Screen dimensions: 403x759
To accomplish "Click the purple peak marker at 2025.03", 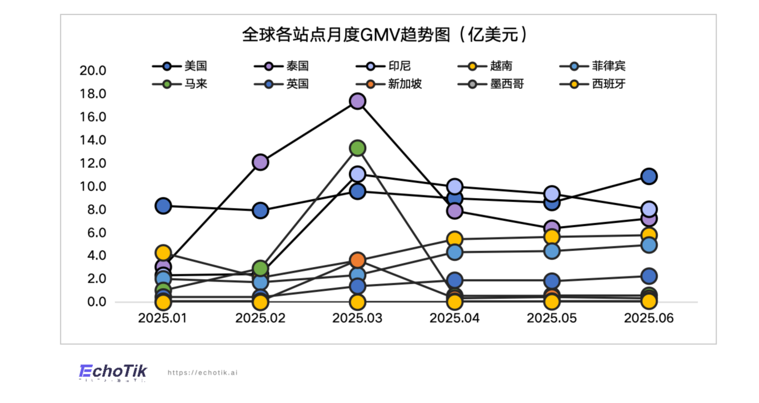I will click(x=357, y=101).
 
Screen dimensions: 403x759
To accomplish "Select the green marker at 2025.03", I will click(x=357, y=148).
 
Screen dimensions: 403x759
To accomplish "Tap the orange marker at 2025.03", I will click(x=357, y=260).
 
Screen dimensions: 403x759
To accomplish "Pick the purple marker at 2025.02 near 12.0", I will click(x=261, y=162).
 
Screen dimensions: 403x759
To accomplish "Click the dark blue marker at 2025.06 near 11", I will click(x=649, y=177).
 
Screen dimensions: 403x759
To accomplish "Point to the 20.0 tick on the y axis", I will click(x=93, y=70).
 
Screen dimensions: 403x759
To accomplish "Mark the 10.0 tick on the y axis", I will click(x=93, y=187).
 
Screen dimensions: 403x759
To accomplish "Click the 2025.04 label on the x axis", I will click(x=455, y=319).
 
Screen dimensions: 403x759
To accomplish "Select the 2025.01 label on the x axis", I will click(x=163, y=319).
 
